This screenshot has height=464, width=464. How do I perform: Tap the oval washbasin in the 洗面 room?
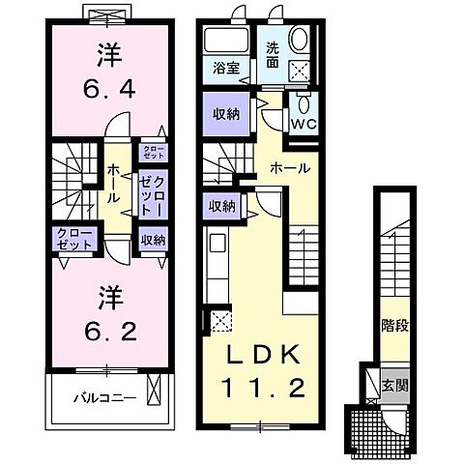(x=299, y=40)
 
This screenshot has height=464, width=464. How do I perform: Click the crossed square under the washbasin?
(x=299, y=70)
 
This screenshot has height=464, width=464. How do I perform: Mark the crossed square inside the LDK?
(x=217, y=322)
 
